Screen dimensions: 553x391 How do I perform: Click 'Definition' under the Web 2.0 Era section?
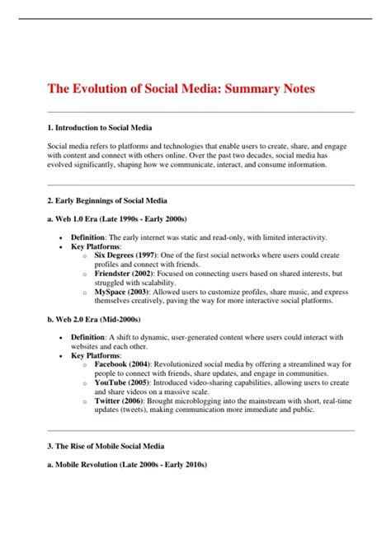pyautogui.click(x=87, y=336)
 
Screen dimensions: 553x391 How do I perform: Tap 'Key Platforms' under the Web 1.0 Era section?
pyautogui.click(x=96, y=246)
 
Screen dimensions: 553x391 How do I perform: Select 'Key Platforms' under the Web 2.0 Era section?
pyautogui.click(x=96, y=354)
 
